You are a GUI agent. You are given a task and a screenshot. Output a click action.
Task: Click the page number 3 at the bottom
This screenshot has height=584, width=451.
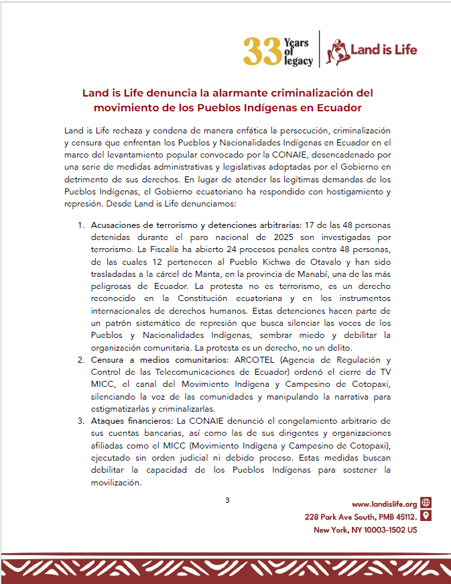[x=227, y=500]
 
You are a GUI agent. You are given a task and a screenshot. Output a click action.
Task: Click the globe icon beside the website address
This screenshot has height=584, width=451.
[x=426, y=504]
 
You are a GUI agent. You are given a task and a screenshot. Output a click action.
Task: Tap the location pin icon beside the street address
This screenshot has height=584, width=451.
[x=426, y=516]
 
